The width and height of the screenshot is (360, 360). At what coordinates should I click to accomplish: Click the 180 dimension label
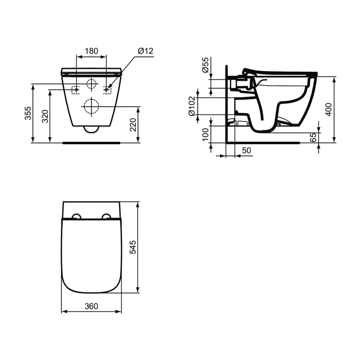point(91,51)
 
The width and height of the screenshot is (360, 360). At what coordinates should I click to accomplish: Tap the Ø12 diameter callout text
point(145,51)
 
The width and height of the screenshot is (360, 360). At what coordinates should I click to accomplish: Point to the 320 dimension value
point(45,116)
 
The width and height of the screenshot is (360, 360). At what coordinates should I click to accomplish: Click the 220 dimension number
point(134,124)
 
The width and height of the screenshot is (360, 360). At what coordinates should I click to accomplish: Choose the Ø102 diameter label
point(192,106)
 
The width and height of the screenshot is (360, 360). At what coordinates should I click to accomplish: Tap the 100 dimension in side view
point(206,134)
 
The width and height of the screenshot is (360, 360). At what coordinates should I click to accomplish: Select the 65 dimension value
point(313,137)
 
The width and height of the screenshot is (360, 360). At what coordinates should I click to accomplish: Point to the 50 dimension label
point(247,150)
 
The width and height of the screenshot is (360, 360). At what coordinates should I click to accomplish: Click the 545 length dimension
point(133,247)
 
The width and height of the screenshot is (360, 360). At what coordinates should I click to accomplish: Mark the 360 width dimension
point(91,306)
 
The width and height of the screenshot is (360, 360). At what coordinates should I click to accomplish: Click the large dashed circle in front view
point(91,106)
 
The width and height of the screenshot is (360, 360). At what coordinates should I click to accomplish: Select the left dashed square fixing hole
point(76,89)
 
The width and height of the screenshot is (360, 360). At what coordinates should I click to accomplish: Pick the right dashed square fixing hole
point(107,89)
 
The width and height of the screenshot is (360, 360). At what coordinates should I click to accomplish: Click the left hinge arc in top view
point(76,216)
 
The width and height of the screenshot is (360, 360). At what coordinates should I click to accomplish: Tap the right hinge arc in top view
point(107,216)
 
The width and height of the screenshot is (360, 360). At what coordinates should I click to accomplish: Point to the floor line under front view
point(91,143)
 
